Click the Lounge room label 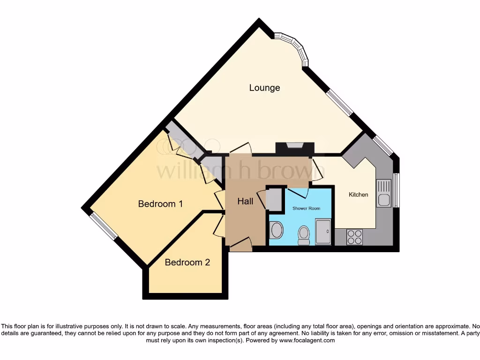tap(264, 88)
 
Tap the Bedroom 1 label tap(160, 204)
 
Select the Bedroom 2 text tap(187, 262)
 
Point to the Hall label tap(245, 201)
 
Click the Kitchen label tap(358, 195)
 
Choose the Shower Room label tap(306, 208)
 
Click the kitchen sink tap(384, 194)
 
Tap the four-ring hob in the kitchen tap(355, 237)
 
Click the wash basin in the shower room tap(277, 231)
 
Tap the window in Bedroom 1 tap(104, 226)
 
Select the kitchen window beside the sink tap(396, 190)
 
